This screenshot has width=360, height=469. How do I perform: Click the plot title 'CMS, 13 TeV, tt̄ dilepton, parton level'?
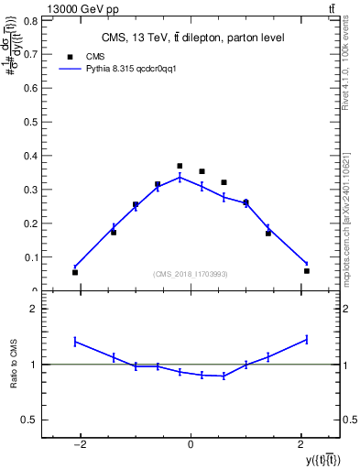pyautogui.click(x=191, y=38)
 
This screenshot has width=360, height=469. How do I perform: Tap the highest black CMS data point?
pyautogui.click(x=180, y=166)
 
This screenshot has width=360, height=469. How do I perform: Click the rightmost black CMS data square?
pyautogui.click(x=307, y=270)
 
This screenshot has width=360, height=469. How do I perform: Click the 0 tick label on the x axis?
pyautogui.click(x=191, y=444)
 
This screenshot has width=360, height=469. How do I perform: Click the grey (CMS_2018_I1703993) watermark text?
pyautogui.click(x=191, y=274)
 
